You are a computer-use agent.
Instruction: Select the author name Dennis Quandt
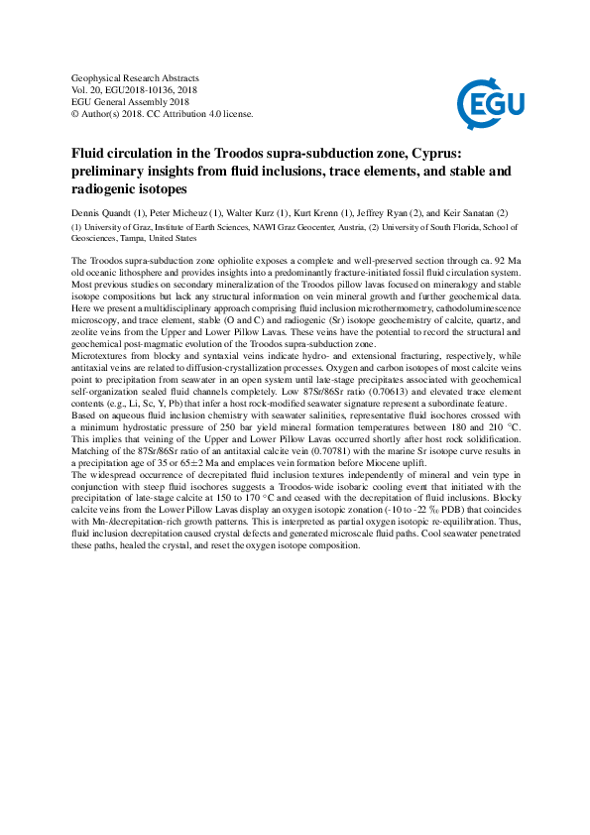click(104, 212)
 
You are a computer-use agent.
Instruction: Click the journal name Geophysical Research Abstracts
click(136, 77)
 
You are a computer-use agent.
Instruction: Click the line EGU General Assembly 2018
click(131, 101)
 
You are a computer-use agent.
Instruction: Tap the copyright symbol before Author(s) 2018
click(77, 113)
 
